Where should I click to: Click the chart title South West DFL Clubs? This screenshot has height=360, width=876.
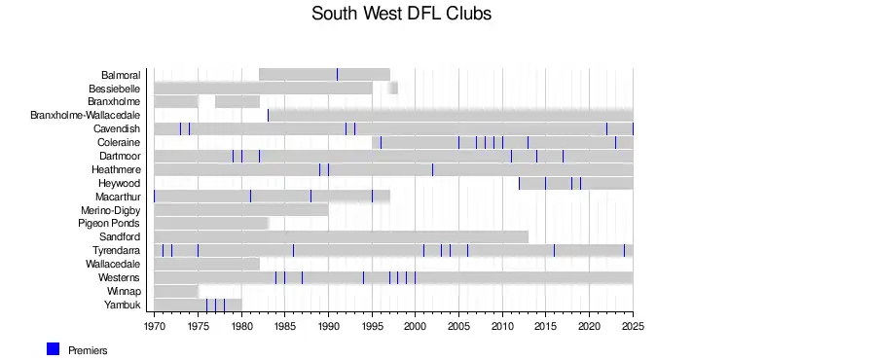401,14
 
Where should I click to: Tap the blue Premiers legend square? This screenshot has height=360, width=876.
54,349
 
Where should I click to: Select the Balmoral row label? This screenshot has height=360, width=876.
121,75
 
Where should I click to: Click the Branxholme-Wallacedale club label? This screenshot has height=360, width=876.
85,115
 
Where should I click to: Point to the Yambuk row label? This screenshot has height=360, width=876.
123,305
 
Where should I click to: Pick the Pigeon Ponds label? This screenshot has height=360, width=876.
109,223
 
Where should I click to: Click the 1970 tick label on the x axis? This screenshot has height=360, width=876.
154,327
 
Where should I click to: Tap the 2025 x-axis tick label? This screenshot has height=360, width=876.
633,327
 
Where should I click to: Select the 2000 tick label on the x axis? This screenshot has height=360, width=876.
415,327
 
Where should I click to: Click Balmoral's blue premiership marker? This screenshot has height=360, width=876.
337,74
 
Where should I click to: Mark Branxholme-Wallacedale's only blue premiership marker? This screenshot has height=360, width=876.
269,115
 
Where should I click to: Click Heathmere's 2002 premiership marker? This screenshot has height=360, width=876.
432,169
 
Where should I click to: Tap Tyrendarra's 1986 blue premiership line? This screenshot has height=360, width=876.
293,251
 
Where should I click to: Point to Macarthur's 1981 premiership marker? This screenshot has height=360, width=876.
250,197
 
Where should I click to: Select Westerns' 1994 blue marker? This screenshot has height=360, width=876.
363,277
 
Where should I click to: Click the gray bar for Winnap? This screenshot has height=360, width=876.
176,291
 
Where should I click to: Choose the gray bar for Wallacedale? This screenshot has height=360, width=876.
206,264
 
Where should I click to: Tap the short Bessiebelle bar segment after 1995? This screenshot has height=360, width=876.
393,89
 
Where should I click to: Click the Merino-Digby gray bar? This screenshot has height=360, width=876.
241,210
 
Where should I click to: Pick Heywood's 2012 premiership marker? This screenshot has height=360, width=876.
519,183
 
